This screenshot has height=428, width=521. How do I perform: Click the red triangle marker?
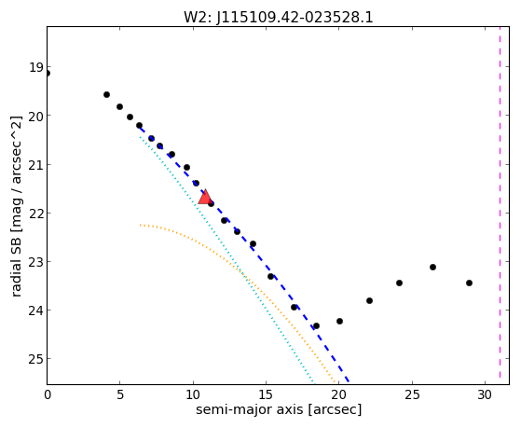click(205, 197)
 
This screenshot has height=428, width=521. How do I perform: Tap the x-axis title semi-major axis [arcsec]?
click(279, 409)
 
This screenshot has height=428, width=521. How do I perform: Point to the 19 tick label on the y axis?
click(36, 67)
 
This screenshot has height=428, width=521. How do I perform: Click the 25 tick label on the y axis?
click(36, 359)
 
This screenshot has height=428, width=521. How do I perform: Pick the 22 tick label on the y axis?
click(36, 214)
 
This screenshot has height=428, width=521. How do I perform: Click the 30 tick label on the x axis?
click(485, 394)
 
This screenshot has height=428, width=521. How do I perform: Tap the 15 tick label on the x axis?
click(266, 394)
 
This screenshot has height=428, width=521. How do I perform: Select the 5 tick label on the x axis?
click(120, 394)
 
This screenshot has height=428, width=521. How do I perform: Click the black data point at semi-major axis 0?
click(48, 73)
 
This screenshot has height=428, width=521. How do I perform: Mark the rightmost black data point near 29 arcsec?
click(469, 283)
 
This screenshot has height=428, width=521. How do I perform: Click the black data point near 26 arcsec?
click(432, 267)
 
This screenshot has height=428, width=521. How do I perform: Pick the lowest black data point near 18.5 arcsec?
click(316, 326)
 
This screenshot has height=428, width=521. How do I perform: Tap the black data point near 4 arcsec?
click(106, 95)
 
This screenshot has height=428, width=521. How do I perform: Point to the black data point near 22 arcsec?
click(369, 300)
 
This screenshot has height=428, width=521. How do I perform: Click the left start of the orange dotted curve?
click(141, 225)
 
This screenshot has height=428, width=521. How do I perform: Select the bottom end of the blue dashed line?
click(349, 381)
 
